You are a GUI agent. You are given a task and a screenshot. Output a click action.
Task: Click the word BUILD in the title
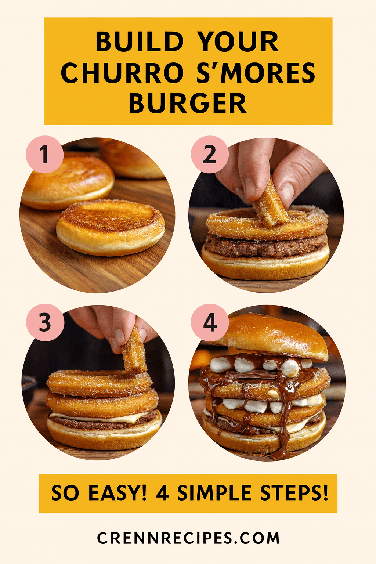pyautogui.click(x=140, y=41)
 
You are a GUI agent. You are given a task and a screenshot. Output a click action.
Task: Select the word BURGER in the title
pyautogui.click(x=188, y=104)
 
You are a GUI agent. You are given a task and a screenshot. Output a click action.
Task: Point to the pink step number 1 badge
pyautogui.click(x=45, y=154)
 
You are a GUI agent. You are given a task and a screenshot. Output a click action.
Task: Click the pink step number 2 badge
pyautogui.click(x=210, y=154)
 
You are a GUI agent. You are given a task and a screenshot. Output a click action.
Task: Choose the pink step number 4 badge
pyautogui.click(x=210, y=322)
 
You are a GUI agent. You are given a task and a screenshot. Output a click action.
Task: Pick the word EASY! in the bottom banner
pyautogui.click(x=117, y=492)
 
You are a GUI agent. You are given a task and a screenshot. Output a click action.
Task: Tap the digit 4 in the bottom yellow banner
pyautogui.click(x=162, y=492)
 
